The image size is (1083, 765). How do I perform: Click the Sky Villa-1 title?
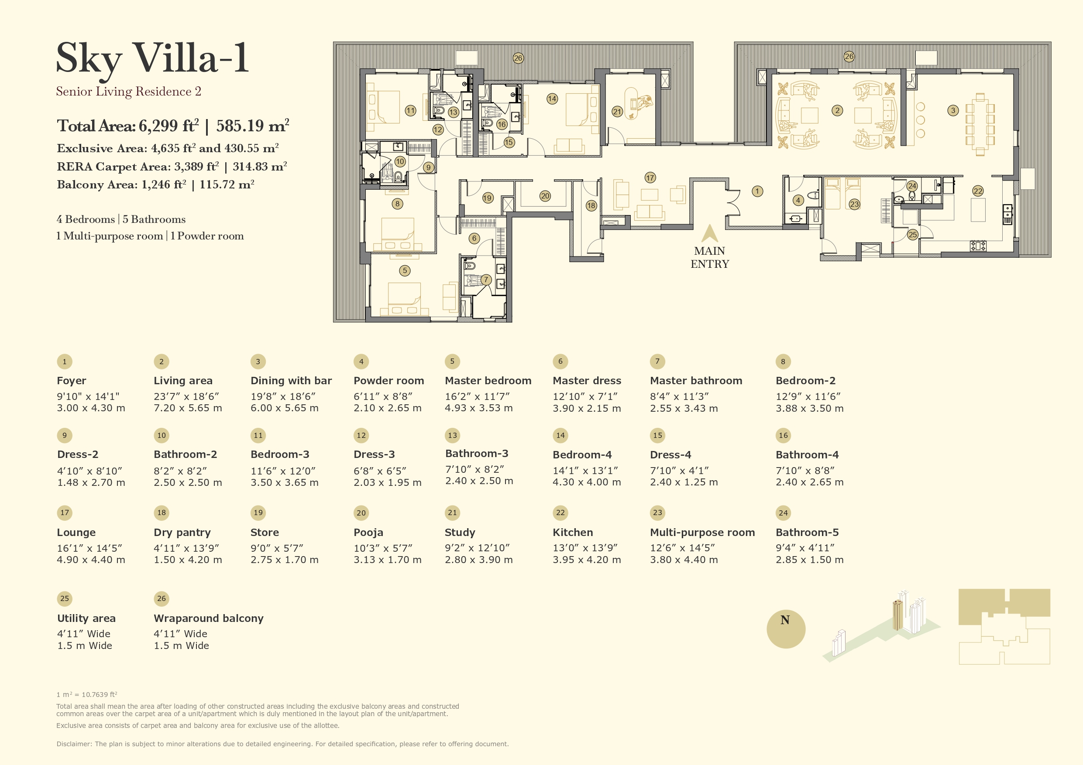(x=152, y=59)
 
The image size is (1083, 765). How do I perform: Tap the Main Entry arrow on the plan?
(x=709, y=234)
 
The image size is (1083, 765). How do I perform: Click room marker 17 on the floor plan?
(x=650, y=178)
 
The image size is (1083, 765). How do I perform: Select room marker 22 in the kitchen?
(x=978, y=191)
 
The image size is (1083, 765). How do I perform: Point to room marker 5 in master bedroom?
(x=404, y=270)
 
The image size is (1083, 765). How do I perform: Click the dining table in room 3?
(x=980, y=124)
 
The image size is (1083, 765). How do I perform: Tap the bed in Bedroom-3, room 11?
(x=383, y=107)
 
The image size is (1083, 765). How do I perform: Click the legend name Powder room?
(x=389, y=380)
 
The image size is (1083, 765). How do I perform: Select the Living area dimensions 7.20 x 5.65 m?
(x=188, y=408)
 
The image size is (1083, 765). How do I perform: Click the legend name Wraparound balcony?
(x=209, y=618)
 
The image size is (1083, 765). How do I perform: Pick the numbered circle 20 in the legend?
(x=361, y=513)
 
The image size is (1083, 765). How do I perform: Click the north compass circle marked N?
(x=785, y=629)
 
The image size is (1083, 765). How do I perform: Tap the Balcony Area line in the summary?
(x=155, y=184)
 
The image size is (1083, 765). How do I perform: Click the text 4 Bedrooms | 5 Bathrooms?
(x=121, y=219)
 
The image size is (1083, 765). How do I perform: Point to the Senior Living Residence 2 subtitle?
(x=128, y=92)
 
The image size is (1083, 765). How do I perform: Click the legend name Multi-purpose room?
(x=702, y=532)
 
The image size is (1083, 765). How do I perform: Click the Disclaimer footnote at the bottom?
(x=282, y=744)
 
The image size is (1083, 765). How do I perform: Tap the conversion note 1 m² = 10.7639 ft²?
(x=87, y=694)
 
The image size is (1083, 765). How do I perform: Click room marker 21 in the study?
(x=617, y=112)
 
